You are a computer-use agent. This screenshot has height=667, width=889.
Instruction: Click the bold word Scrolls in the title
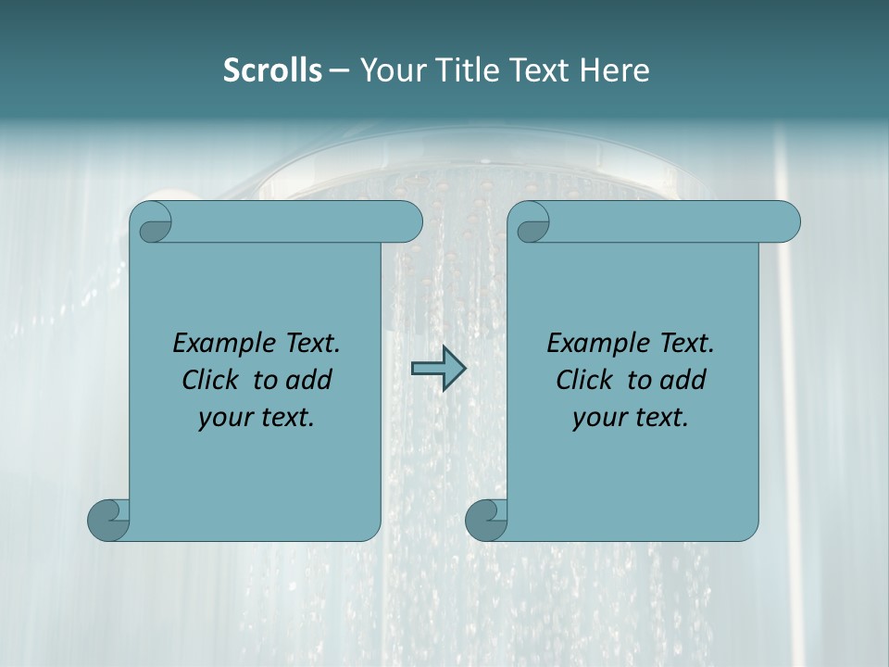(272, 70)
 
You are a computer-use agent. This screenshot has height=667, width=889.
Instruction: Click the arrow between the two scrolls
(438, 368)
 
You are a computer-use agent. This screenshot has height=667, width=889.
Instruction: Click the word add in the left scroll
(307, 380)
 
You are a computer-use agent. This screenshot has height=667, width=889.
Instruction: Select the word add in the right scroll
(682, 380)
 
